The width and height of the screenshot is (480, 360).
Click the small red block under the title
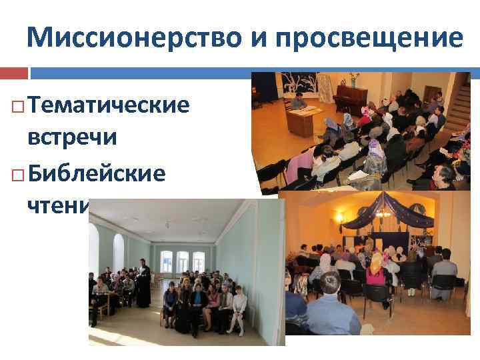pyautogui.click(x=14, y=72)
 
